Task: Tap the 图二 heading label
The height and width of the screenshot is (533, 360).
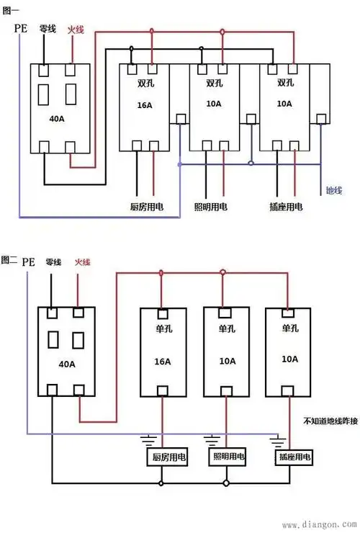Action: [9, 259]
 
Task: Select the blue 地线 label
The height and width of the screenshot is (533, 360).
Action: [333, 191]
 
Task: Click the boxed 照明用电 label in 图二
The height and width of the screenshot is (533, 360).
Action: [228, 457]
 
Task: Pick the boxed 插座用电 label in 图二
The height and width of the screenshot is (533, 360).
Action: [293, 457]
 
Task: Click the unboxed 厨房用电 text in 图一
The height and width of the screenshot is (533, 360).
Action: [146, 207]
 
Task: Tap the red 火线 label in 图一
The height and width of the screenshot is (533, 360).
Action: [76, 30]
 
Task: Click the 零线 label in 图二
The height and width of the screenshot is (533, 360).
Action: [53, 261]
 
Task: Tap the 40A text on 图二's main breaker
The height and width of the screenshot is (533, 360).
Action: [68, 363]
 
